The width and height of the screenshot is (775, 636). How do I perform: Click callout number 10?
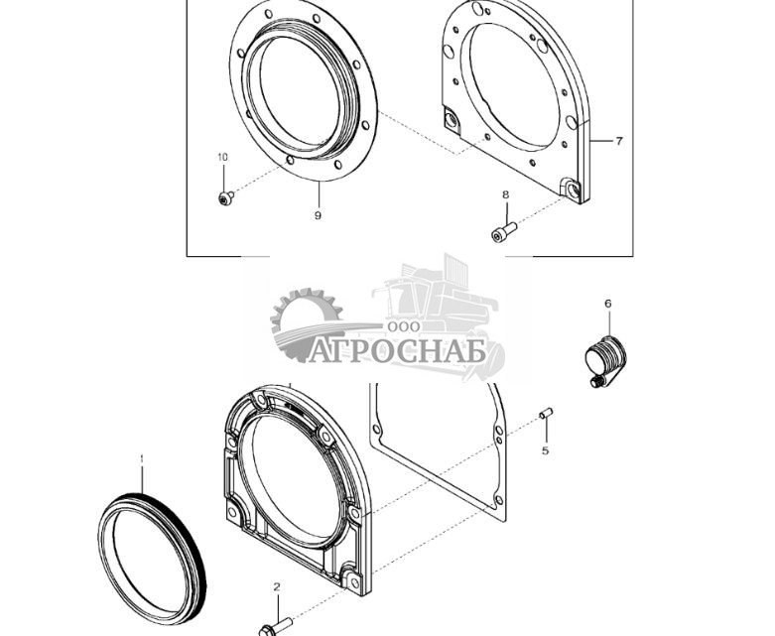tap(223, 158)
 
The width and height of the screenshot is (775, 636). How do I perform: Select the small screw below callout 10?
tap(225, 197)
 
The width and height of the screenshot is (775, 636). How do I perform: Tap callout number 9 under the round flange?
tap(318, 214)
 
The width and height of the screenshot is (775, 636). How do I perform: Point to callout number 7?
tap(618, 141)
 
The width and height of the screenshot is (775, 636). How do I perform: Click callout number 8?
tap(505, 194)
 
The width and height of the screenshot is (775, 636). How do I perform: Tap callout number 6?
tap(608, 304)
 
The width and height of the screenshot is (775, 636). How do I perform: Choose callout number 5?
tap(545, 450)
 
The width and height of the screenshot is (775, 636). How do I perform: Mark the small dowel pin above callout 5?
tap(546, 414)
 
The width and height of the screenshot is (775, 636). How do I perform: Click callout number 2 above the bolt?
tap(277, 587)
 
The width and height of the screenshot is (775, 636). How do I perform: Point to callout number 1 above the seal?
tap(141, 459)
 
